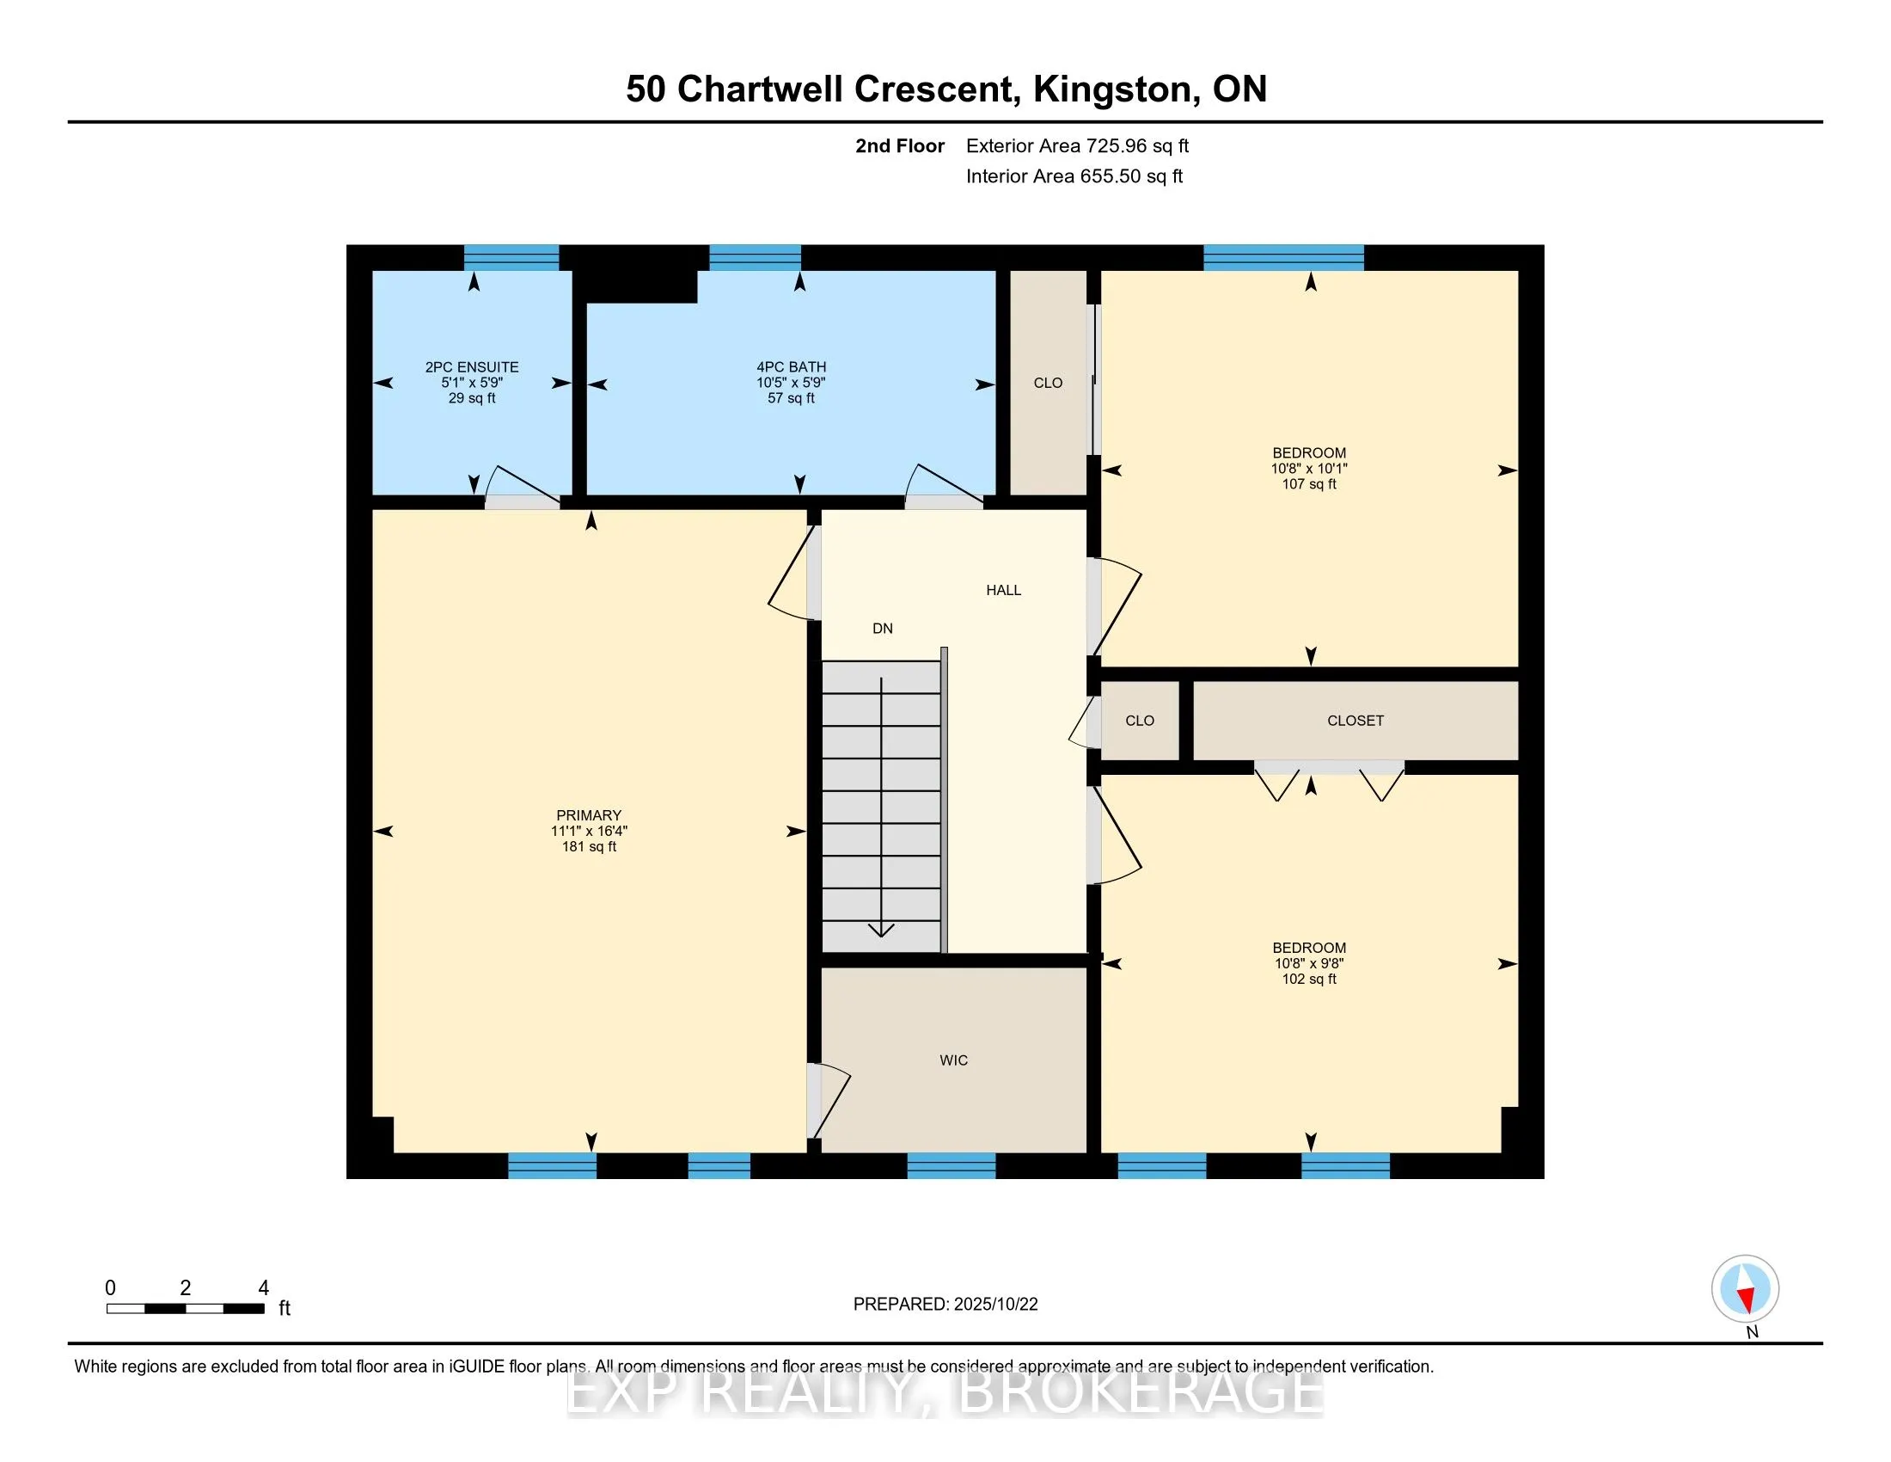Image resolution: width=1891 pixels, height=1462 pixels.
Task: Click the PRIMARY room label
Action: pyautogui.click(x=589, y=815)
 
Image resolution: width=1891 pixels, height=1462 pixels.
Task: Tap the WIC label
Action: pyautogui.click(x=953, y=1060)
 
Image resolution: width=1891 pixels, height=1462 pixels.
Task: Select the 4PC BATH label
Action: pyautogui.click(x=792, y=367)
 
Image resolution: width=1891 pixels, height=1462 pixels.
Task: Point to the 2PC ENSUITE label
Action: pyautogui.click(x=472, y=367)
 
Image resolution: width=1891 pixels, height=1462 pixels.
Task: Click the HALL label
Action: pyautogui.click(x=1003, y=590)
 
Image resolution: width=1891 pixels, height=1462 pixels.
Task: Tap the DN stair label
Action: pyautogui.click(x=882, y=628)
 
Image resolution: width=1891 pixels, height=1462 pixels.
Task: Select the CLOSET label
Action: pyautogui.click(x=1355, y=721)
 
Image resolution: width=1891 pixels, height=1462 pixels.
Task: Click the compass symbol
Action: pyautogui.click(x=1745, y=1288)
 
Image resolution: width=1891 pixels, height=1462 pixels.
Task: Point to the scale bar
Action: pyautogui.click(x=186, y=1308)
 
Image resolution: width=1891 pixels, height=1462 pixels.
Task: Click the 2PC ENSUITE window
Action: pyautogui.click(x=511, y=258)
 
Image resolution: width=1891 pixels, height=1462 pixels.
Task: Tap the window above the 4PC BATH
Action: pyautogui.click(x=755, y=258)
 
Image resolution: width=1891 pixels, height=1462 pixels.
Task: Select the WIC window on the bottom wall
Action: pyautogui.click(x=952, y=1166)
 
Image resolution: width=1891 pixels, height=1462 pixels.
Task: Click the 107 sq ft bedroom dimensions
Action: pyautogui.click(x=1309, y=469)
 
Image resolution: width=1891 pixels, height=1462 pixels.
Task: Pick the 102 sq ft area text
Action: pyautogui.click(x=1309, y=979)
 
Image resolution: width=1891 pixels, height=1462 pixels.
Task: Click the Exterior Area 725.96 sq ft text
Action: pyautogui.click(x=1077, y=145)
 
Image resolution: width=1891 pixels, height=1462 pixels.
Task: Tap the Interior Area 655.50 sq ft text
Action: pyautogui.click(x=1074, y=175)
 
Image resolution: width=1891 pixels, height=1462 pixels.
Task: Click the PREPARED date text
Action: pyautogui.click(x=945, y=1305)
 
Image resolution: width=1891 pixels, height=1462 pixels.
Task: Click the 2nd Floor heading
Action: pyautogui.click(x=900, y=145)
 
